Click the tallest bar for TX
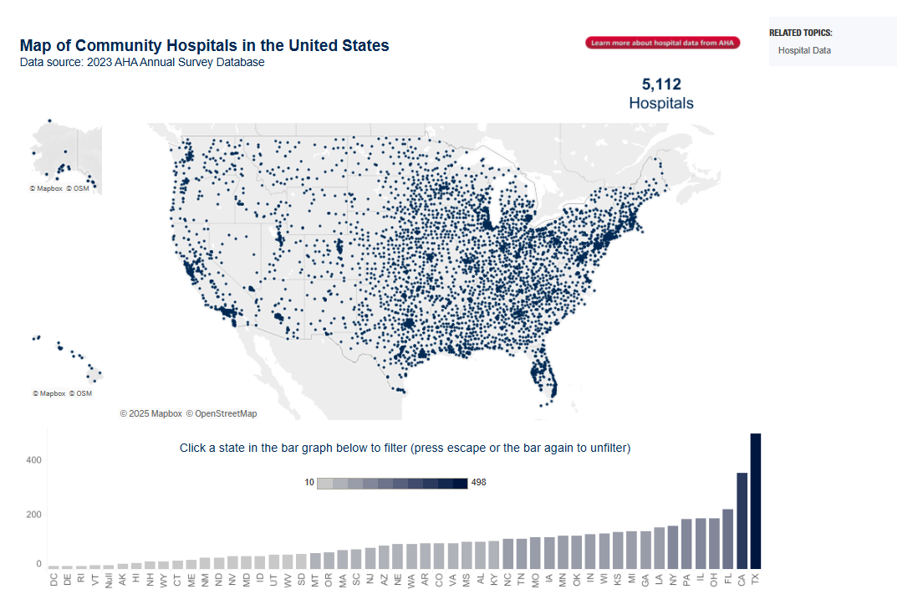click(756, 500)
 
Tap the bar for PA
click(686, 544)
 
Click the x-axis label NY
click(673, 578)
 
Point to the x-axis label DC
click(54, 578)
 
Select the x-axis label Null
click(109, 581)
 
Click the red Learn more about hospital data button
click(663, 43)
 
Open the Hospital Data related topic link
click(804, 50)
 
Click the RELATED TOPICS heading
click(800, 33)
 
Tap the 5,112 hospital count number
click(661, 85)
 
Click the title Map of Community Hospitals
click(204, 46)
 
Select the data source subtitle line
click(142, 63)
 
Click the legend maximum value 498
click(479, 483)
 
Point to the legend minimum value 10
click(309, 483)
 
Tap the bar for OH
click(714, 543)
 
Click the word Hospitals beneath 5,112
click(661, 104)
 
